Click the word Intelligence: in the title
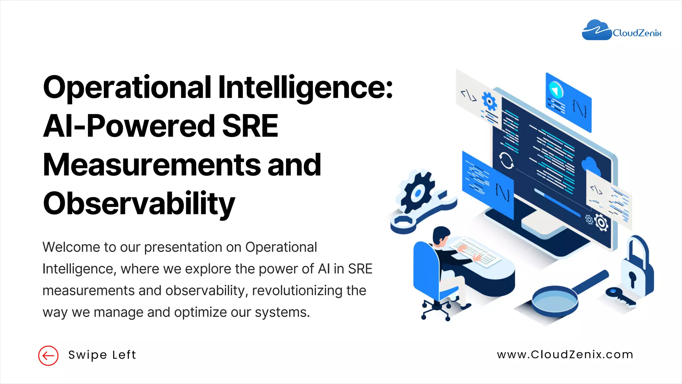tap(305, 87)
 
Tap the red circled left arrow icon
tap(48, 356)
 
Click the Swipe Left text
tap(102, 355)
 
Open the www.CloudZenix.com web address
tap(565, 355)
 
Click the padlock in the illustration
tap(637, 270)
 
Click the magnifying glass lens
tap(554, 300)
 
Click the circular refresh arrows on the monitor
tap(506, 161)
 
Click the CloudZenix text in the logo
tap(637, 33)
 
